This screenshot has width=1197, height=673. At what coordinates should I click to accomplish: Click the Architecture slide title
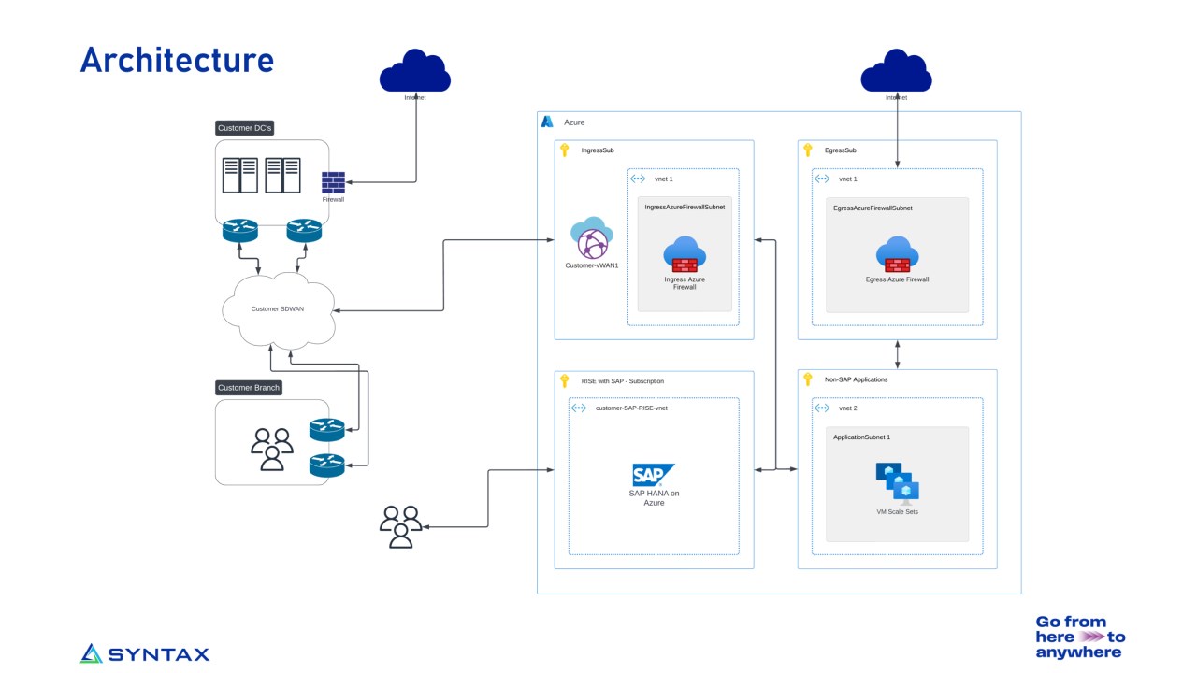177,60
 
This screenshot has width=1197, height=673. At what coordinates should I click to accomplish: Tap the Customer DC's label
244,128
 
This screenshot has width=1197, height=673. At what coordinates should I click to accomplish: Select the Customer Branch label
249,387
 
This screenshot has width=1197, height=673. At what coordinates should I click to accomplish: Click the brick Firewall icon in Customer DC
333,182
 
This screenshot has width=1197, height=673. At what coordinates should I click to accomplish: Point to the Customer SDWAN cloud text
278,308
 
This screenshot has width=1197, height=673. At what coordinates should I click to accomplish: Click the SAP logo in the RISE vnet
653,474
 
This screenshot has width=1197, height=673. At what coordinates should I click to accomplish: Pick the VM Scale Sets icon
897,483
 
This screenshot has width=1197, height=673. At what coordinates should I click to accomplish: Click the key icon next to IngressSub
564,150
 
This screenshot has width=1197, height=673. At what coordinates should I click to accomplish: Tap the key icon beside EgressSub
807,150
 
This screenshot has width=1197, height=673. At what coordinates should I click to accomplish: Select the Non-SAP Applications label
856,379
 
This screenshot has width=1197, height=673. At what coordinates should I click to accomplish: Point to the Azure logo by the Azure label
548,122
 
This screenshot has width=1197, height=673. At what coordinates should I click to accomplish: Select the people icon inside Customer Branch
271,449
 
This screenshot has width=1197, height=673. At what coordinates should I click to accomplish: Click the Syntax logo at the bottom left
145,653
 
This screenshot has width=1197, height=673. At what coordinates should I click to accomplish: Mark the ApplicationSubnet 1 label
861,437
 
